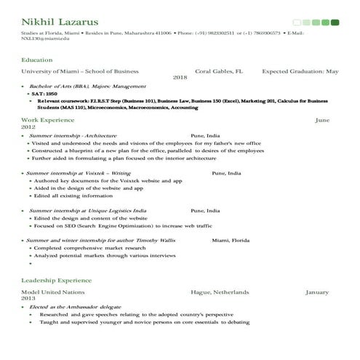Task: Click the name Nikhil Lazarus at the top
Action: [60, 23]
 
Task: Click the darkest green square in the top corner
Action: [335, 23]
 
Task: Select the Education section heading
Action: [36, 59]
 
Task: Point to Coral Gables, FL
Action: [218, 71]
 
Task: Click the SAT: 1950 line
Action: [44, 94]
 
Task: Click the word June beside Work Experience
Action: [321, 119]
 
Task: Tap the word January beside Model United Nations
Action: [317, 292]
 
